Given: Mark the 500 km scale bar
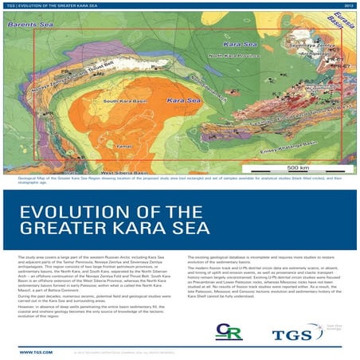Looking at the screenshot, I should click(x=299, y=168).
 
